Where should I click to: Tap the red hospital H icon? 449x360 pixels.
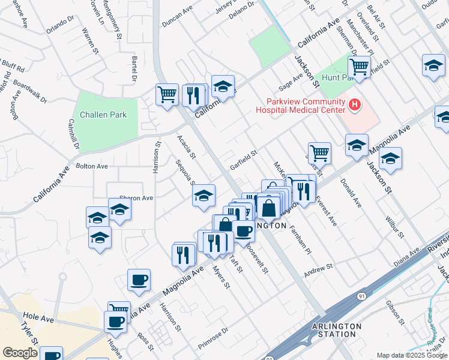[355, 106]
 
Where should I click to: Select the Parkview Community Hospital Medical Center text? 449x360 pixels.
[301, 105]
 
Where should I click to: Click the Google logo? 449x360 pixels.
[20, 353]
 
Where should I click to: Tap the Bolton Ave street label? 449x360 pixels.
[91, 166]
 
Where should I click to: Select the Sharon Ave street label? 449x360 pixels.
[136, 197]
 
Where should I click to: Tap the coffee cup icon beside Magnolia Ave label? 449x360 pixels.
[139, 280]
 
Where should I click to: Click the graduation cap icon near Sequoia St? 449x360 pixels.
[204, 195]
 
